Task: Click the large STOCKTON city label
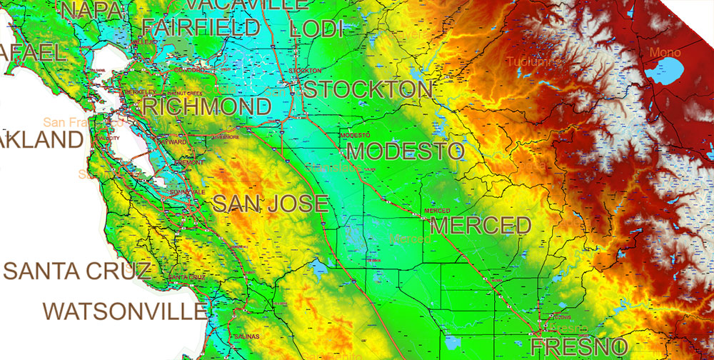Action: [x=369, y=90]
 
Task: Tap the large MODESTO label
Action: [x=406, y=151]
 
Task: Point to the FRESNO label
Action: [x=580, y=349]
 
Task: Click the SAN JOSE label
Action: [x=271, y=204]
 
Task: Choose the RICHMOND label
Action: [x=207, y=108]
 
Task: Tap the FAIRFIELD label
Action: [x=201, y=28]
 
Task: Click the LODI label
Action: [x=317, y=29]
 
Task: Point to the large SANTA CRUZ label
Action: [x=78, y=271]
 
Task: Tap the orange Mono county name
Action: [x=665, y=52]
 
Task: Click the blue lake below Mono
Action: [x=665, y=71]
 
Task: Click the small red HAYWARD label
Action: [x=176, y=142]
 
